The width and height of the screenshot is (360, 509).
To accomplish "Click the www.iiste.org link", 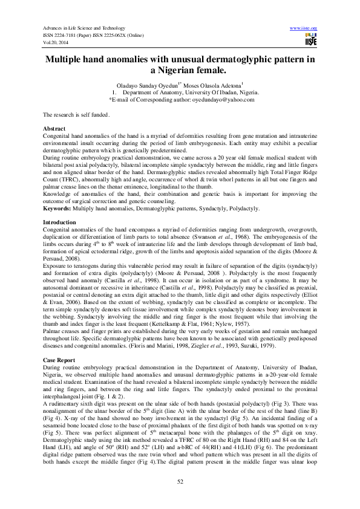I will click(x=304, y=28).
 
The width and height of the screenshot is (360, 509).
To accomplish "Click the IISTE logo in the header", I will click(x=311, y=39).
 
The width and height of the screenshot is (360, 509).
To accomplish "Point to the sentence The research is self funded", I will click(x=76, y=115).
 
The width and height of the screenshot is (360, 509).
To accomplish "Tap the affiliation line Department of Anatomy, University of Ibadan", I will click(x=191, y=92).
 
